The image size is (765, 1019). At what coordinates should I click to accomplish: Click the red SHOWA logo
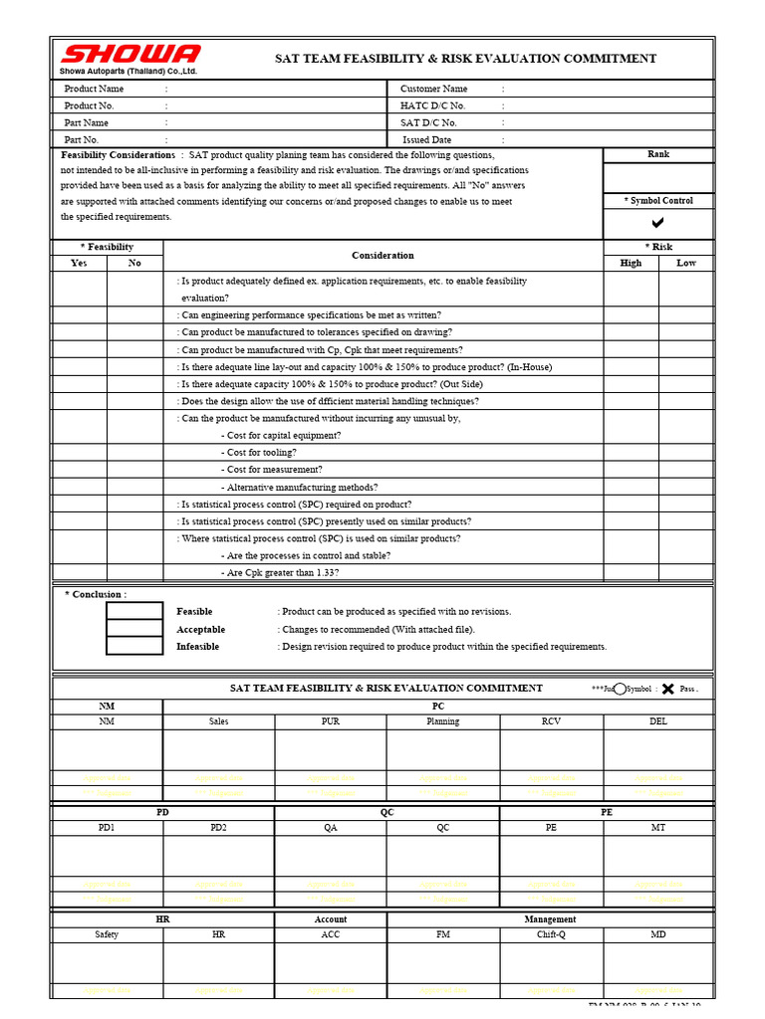129,55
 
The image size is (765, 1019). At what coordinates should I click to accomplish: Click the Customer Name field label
433,89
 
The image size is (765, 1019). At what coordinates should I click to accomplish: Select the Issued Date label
426,140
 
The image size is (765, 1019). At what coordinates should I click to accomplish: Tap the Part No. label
82,140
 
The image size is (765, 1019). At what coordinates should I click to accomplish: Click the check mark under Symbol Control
657,223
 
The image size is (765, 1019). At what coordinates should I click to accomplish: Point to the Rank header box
658,154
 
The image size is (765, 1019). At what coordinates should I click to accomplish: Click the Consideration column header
382,256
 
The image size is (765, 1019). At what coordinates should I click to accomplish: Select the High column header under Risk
631,263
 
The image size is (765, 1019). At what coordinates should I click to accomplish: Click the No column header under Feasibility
134,263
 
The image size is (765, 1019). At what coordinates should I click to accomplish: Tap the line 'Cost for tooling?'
261,453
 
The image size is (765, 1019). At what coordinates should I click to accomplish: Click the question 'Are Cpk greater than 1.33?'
282,573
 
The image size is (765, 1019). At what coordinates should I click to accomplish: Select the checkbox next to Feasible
134,611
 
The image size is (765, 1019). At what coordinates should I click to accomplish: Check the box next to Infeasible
134,646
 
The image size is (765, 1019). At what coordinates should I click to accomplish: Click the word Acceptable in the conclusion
201,629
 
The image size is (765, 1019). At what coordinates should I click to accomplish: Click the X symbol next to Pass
667,689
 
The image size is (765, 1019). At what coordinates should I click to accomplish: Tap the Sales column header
219,720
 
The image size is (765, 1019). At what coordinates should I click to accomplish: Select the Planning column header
443,720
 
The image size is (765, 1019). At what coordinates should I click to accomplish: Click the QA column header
331,827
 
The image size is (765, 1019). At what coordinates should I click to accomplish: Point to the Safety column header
107,934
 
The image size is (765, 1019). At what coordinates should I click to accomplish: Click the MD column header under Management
658,934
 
